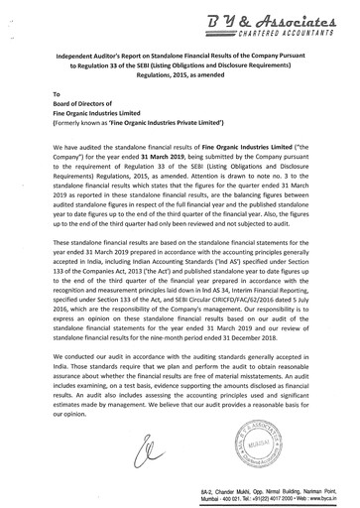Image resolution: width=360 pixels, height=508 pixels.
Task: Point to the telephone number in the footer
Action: coord(269,496)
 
